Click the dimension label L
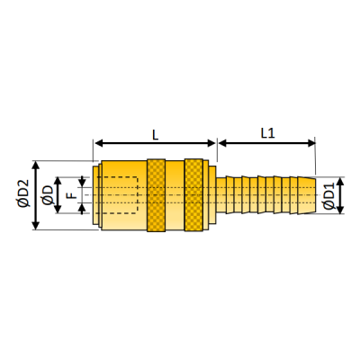click(156, 133)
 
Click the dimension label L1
click(267, 133)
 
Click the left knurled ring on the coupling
click(156, 194)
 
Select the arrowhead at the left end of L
click(97, 142)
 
